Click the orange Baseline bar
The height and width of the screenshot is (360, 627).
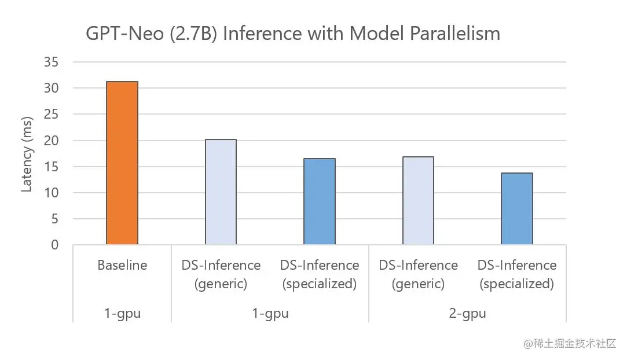click(122, 163)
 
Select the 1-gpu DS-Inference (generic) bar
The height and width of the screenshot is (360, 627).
click(221, 192)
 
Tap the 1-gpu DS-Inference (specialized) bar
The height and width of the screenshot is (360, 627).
click(320, 201)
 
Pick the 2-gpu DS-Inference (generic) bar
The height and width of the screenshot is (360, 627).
click(418, 200)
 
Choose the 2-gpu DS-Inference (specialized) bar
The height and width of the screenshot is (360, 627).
click(517, 208)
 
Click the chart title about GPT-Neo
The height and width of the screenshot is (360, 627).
click(292, 34)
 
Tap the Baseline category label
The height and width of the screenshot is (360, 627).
click(122, 266)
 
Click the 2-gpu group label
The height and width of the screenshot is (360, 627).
click(467, 314)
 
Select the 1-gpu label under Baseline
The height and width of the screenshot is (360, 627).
click(122, 314)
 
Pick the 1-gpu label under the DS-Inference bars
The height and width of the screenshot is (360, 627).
click(270, 314)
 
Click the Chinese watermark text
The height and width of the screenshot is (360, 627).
click(570, 344)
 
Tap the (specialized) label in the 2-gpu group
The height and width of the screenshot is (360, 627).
click(517, 284)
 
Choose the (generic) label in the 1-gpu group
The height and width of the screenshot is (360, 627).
click(221, 284)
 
